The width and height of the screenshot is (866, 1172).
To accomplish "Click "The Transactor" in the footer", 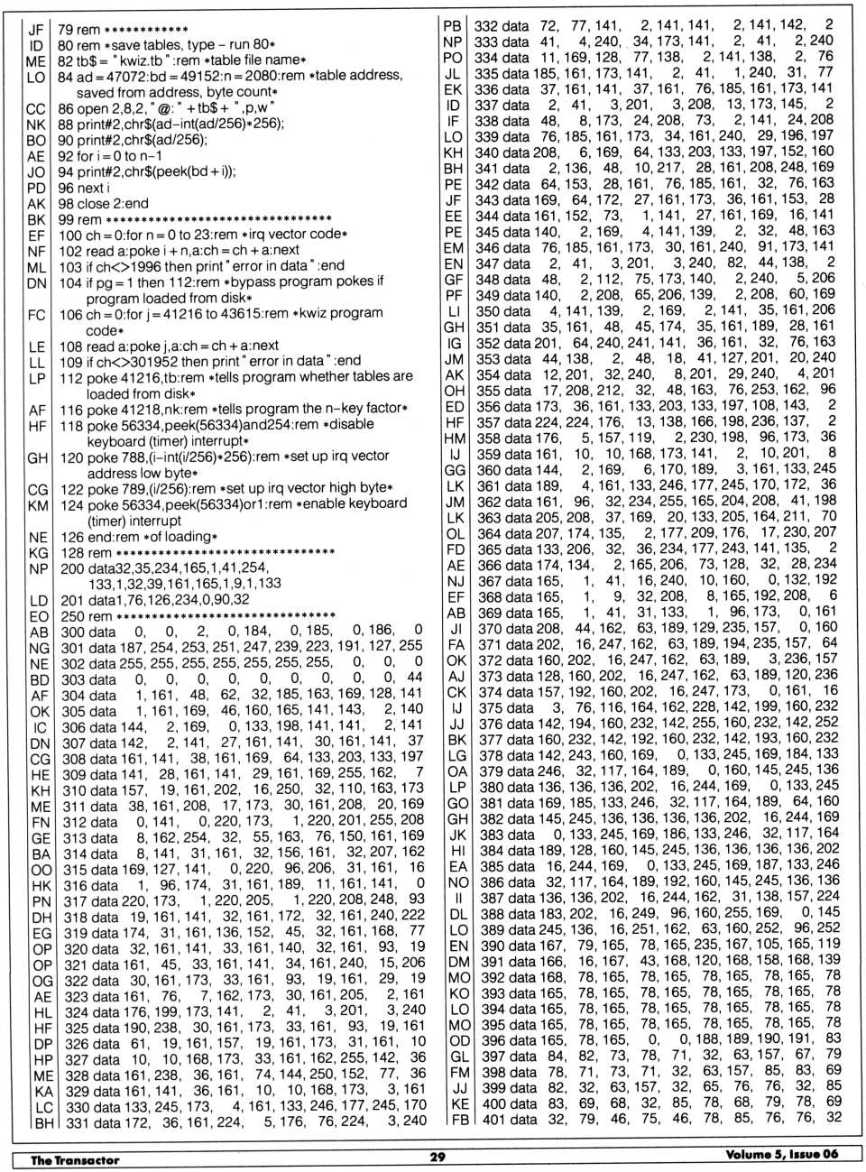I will [x=75, y=1159].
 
